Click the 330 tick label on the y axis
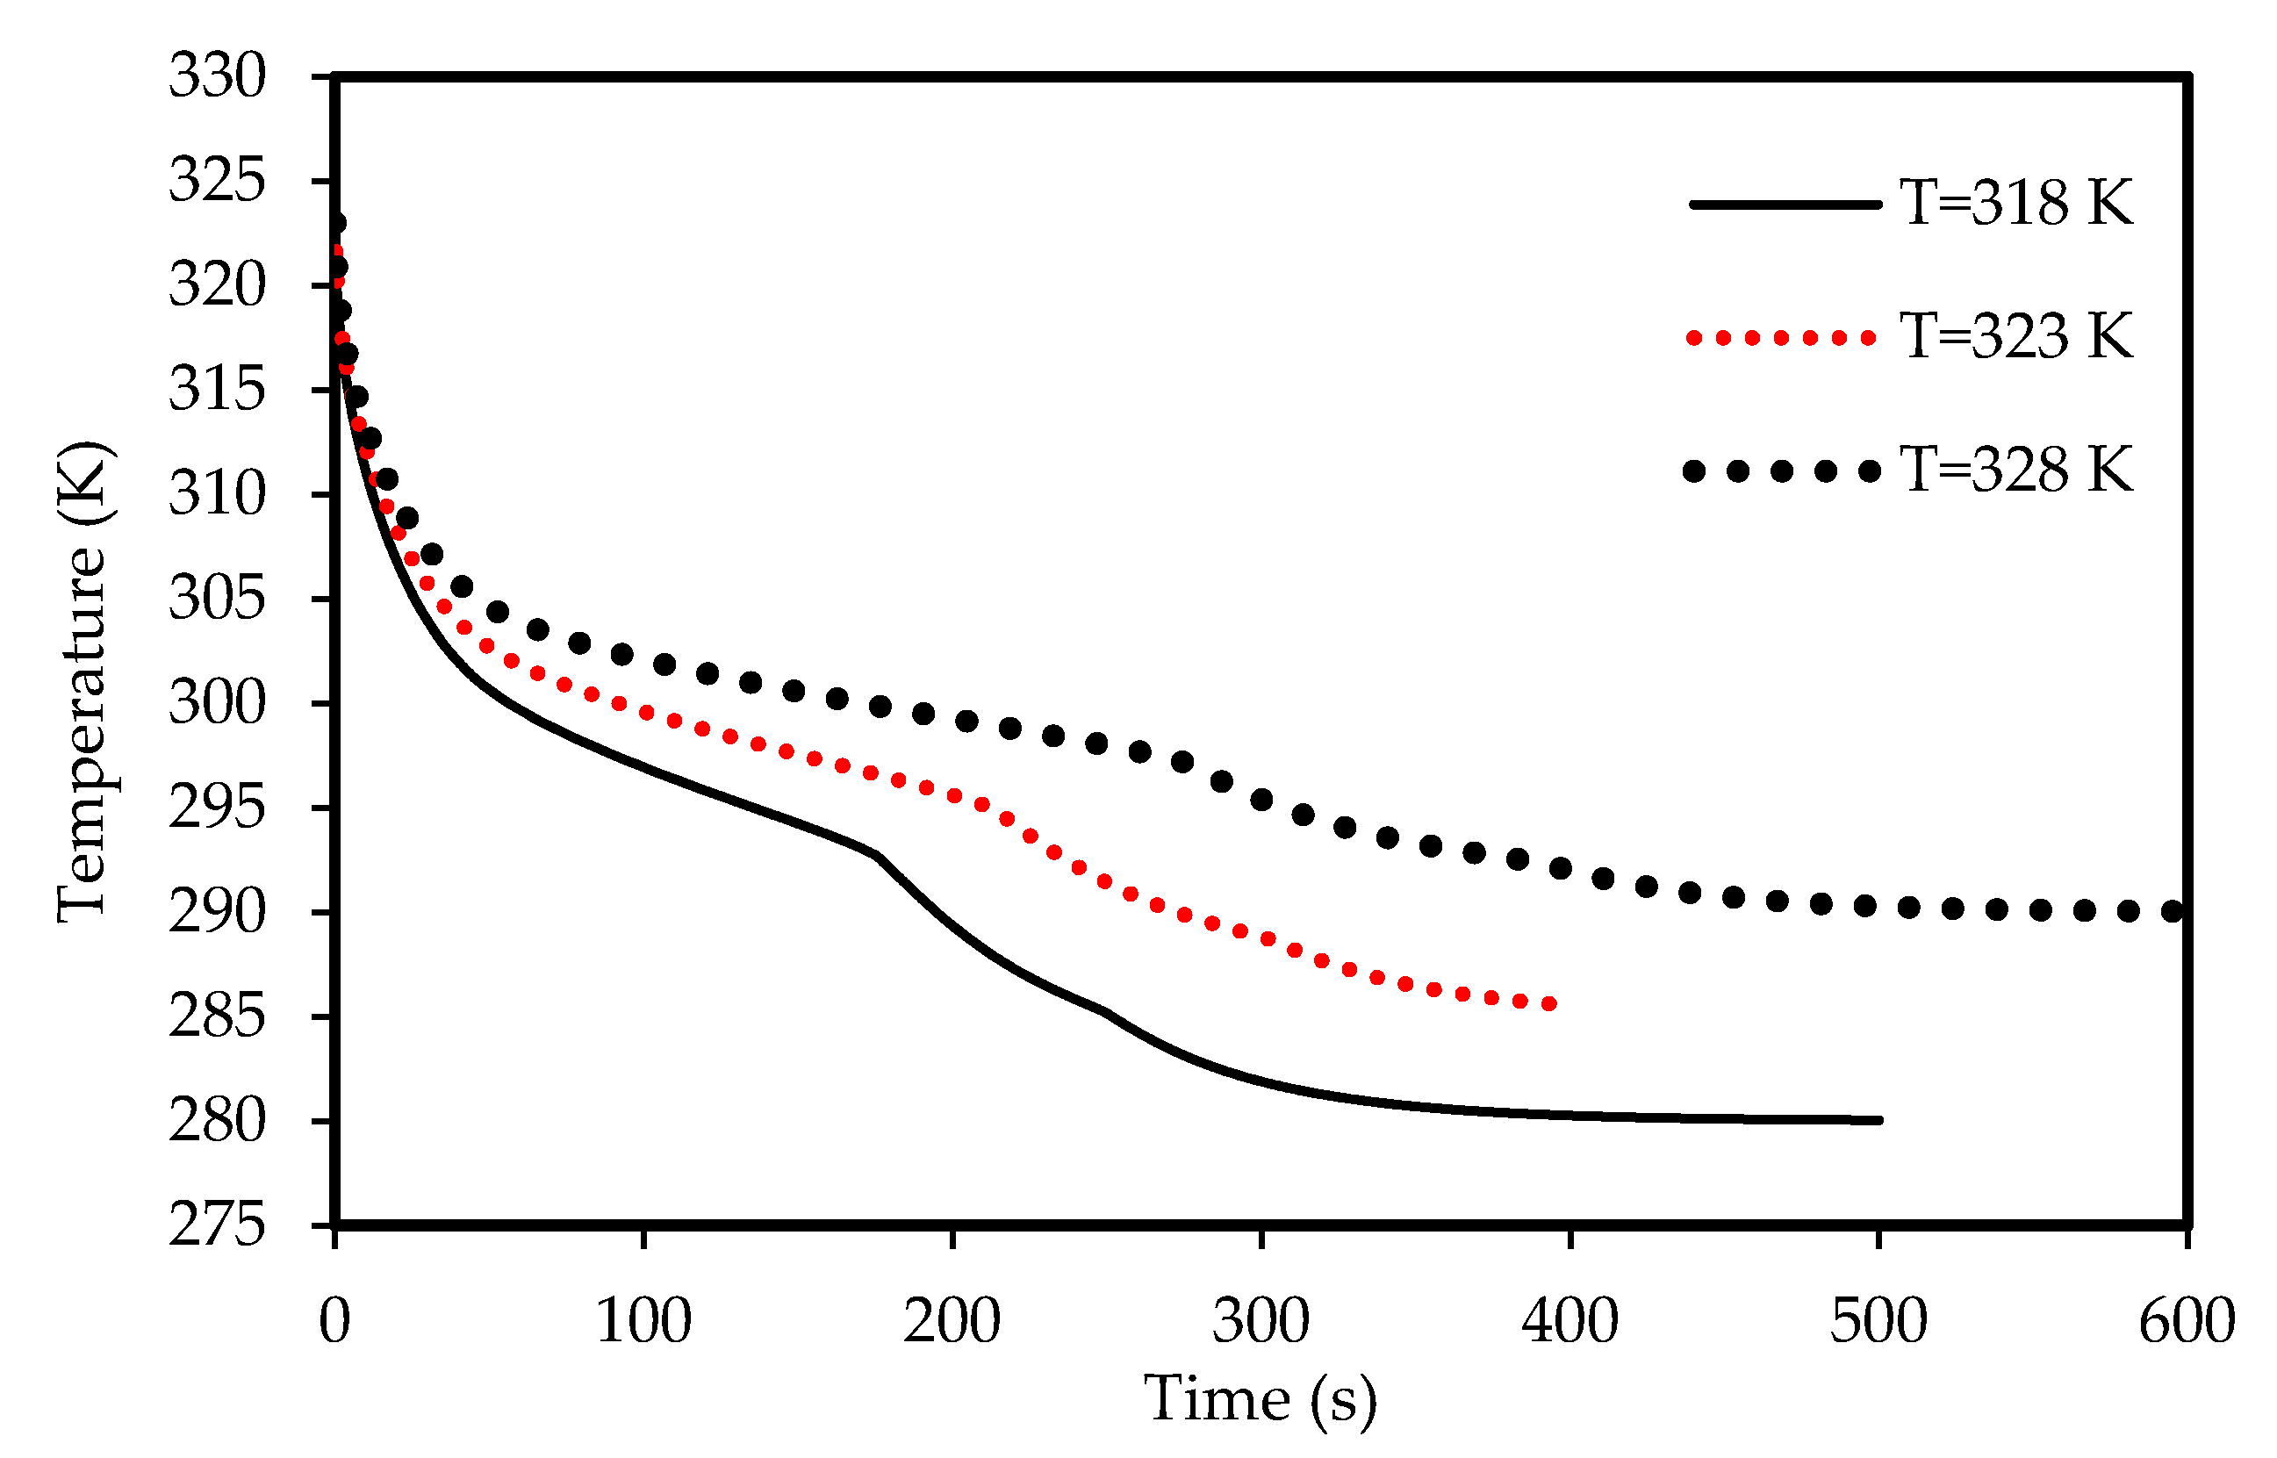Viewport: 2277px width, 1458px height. [217, 75]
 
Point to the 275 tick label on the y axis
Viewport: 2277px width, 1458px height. [217, 1225]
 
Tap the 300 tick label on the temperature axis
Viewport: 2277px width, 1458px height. [217, 703]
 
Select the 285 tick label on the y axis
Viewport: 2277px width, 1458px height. [217, 1016]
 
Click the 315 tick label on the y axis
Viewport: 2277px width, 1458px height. [217, 389]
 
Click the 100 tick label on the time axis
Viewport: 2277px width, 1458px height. [643, 1322]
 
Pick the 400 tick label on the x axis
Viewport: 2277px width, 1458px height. [1569, 1322]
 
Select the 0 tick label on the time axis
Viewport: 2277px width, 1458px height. [334, 1322]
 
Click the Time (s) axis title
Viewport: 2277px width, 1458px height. [1261, 1399]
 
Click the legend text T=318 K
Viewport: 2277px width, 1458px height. [2016, 203]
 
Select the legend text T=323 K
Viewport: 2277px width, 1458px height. [2016, 336]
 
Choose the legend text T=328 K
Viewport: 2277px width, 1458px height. [2016, 470]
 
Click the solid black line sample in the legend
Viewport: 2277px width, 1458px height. [1785, 205]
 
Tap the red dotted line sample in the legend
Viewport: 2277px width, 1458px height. [1781, 338]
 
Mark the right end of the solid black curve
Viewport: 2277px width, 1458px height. [1878, 1120]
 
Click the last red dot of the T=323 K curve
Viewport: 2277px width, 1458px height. [1550, 1004]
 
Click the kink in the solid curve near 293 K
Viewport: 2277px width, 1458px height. [878, 856]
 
